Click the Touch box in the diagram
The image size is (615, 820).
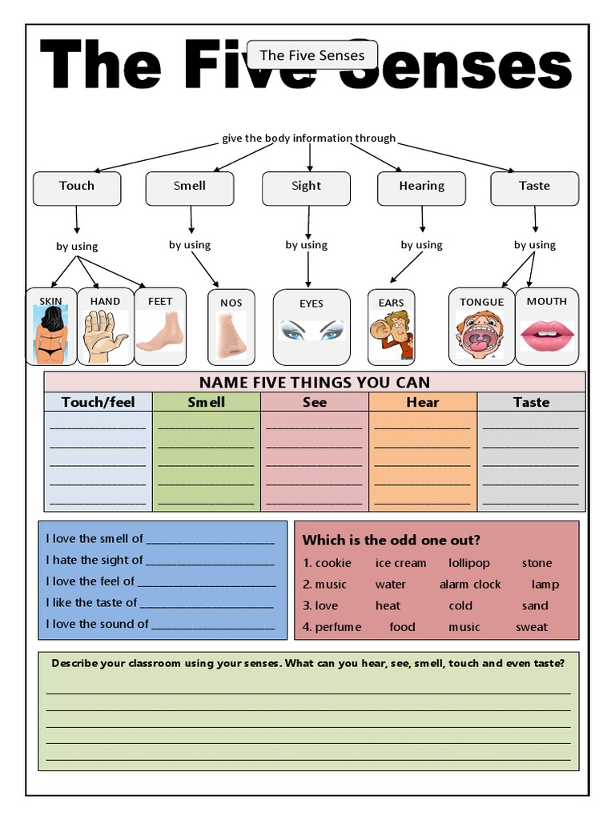pyautogui.click(x=77, y=187)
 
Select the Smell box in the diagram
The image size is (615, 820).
pyautogui.click(x=190, y=187)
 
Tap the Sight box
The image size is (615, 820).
pyautogui.click(x=306, y=187)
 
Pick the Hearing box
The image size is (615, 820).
pyautogui.click(x=421, y=187)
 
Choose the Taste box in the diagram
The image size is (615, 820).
pyautogui.click(x=534, y=187)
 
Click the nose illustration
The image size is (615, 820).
pyautogui.click(x=231, y=336)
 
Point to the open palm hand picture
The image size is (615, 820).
pyautogui.click(x=104, y=337)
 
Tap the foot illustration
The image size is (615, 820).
pyautogui.click(x=160, y=333)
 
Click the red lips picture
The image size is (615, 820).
pyautogui.click(x=547, y=336)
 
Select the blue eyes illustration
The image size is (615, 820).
pyautogui.click(x=312, y=331)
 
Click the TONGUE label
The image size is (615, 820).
pyautogui.click(x=482, y=302)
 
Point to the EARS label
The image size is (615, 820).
pyautogui.click(x=392, y=303)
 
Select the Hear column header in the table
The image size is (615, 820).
pyautogui.click(x=422, y=402)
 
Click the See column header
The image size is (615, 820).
pyautogui.click(x=315, y=402)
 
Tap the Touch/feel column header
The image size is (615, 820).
pyautogui.click(x=98, y=402)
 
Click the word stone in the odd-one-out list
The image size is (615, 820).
pyautogui.click(x=537, y=563)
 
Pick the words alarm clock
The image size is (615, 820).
pyautogui.click(x=470, y=585)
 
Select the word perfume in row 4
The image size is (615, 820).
pyautogui.click(x=338, y=627)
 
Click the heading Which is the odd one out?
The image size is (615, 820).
pyautogui.click(x=392, y=540)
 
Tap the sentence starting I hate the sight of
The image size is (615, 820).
pyautogui.click(x=160, y=560)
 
